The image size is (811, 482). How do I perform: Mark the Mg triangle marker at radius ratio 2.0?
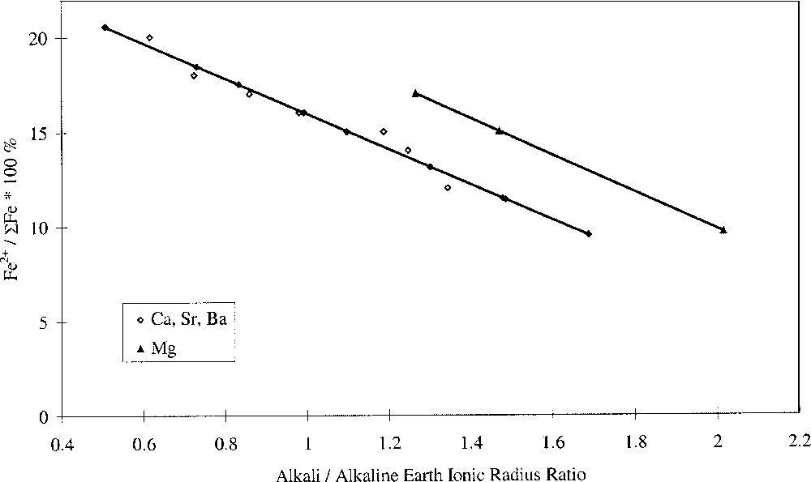tap(723, 230)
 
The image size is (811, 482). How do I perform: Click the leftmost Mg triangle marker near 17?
tap(415, 93)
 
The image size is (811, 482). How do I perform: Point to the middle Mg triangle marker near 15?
tap(499, 130)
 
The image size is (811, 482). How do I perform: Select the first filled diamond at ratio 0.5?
tap(105, 28)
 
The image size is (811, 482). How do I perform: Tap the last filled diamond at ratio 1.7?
tap(589, 233)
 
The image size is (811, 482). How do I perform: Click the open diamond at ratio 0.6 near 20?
tap(149, 38)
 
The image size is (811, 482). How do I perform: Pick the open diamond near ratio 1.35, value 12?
tap(448, 188)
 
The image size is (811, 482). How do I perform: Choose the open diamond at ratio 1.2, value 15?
tap(384, 131)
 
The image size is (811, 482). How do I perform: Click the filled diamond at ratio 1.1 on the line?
tap(346, 131)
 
